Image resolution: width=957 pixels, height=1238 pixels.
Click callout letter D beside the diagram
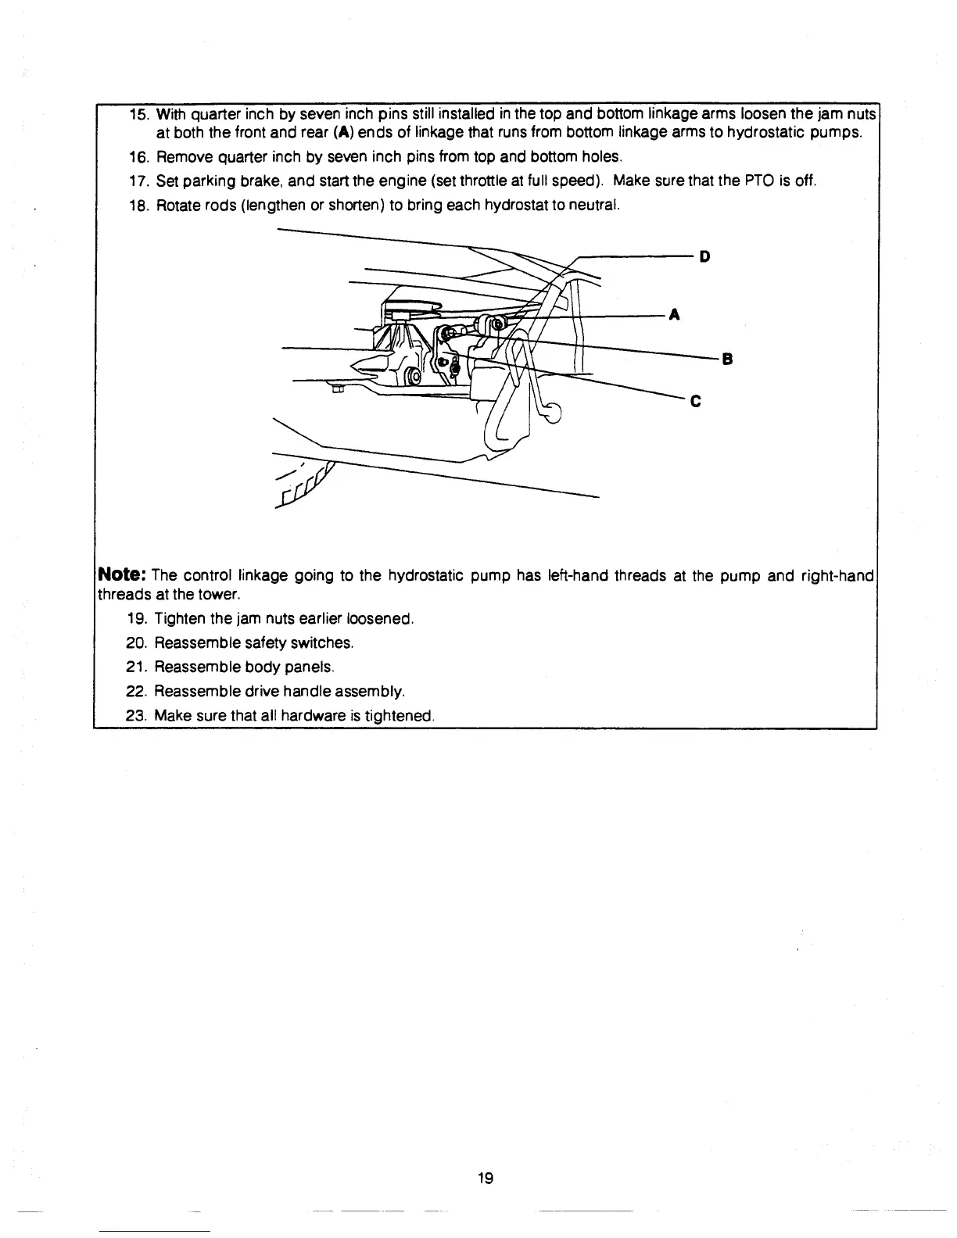point(704,256)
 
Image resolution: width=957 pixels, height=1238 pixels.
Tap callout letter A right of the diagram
point(675,315)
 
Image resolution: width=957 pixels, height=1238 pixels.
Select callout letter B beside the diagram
point(726,360)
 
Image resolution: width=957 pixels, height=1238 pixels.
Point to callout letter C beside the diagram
point(696,403)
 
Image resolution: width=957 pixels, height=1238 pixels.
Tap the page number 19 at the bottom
point(485,1178)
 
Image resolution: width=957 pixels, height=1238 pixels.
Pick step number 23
point(136,715)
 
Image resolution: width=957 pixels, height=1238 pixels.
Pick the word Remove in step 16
point(181,157)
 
